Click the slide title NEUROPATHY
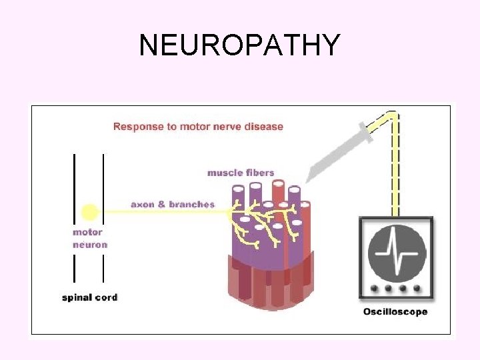coord(240,45)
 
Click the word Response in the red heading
coord(135,127)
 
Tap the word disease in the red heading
coord(265,127)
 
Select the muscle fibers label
coord(240,173)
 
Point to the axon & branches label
coord(173,204)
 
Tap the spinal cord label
coord(89,297)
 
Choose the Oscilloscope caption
coord(395,311)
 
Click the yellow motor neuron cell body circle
coord(89,213)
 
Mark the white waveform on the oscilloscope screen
coord(396,255)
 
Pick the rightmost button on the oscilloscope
coord(417,289)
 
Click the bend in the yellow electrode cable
coord(393,116)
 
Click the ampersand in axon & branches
coord(162,204)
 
